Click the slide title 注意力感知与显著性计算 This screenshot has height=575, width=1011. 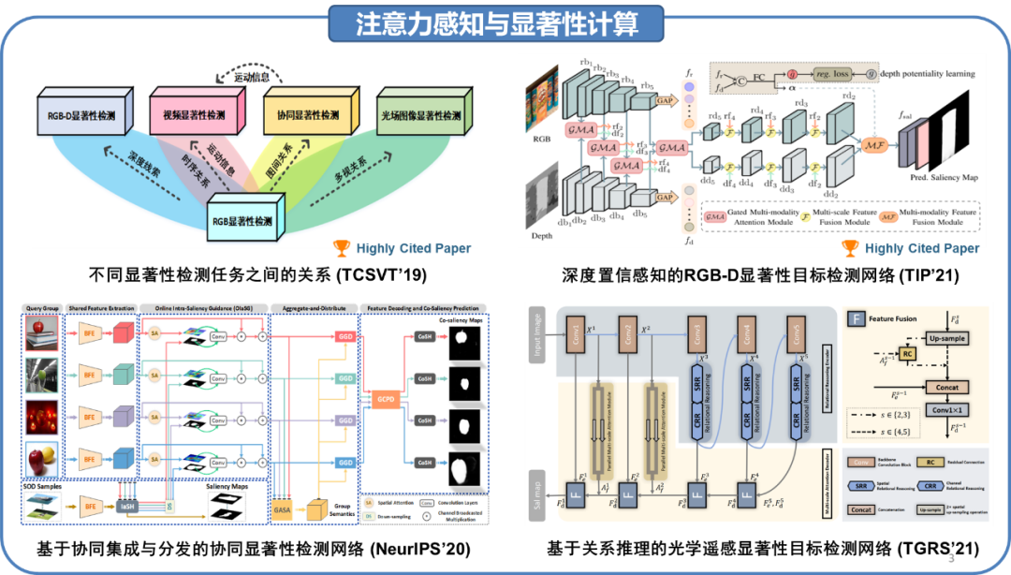coord(495,23)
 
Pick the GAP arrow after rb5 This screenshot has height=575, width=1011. coord(666,100)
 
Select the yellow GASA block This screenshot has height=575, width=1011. coord(282,509)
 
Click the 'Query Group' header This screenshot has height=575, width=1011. coord(42,308)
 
